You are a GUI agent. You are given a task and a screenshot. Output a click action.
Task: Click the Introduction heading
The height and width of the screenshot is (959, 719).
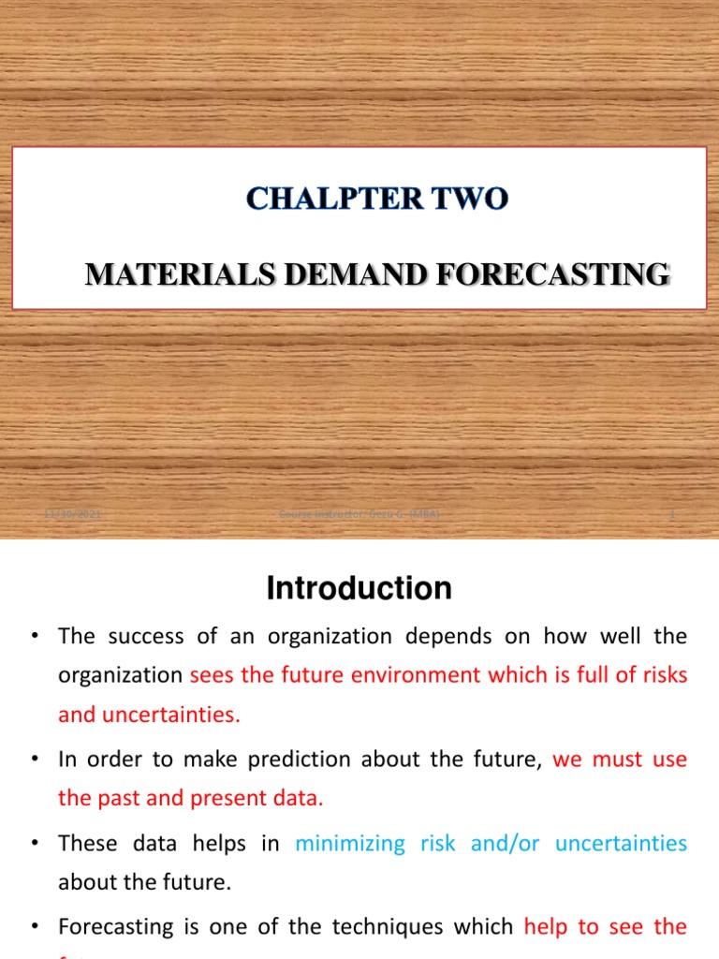pyautogui.click(x=359, y=589)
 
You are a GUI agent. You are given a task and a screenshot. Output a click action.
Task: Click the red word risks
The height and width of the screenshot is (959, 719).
pyautogui.click(x=662, y=675)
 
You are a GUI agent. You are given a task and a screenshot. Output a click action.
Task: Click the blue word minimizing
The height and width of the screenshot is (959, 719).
pyautogui.click(x=350, y=844)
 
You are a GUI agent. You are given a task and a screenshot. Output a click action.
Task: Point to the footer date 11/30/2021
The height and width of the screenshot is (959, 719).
pyautogui.click(x=74, y=515)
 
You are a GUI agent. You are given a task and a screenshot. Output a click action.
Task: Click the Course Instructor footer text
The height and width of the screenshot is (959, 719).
pyautogui.click(x=359, y=515)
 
